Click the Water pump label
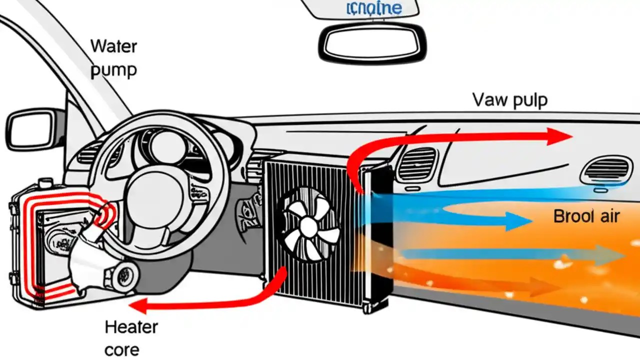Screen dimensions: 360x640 tap(113, 58)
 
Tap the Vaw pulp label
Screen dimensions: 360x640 tap(509, 100)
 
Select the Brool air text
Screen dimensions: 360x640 tap(586, 216)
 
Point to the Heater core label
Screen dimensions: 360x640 tap(131, 338)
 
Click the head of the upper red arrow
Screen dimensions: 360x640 tap(560, 136)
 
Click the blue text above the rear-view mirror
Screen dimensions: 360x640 tap(373, 8)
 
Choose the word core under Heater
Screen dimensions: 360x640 tap(122, 349)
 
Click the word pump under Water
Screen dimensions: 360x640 tap(113, 69)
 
